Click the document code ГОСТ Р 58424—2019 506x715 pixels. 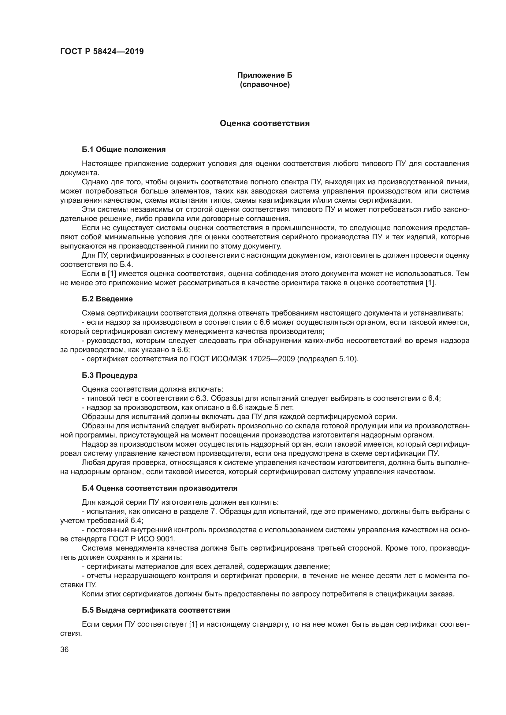[x=102, y=51]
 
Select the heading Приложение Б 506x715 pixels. [x=265, y=75]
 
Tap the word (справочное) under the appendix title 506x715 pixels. [x=265, y=84]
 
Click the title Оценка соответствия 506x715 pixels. [x=265, y=123]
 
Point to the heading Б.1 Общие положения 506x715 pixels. [x=124, y=149]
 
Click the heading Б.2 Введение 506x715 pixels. [x=107, y=299]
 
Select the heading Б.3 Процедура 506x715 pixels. [x=110, y=375]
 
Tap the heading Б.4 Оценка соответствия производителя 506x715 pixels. [x=159, y=488]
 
